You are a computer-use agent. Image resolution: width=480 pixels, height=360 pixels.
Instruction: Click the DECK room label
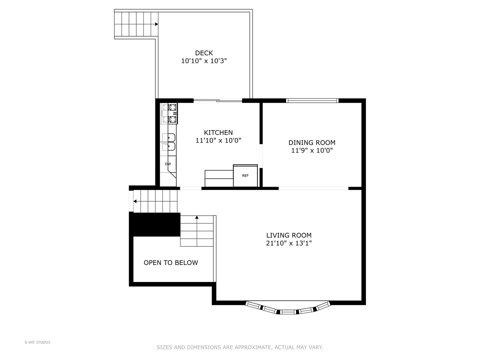coord(204,53)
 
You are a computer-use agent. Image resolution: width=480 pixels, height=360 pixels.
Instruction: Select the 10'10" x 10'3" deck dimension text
coord(204,61)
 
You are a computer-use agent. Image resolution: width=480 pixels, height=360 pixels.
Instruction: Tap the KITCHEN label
coord(218,132)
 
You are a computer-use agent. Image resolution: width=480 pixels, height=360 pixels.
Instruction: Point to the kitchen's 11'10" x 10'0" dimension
coord(218,141)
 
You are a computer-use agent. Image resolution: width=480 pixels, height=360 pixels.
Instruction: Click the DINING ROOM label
coord(312,143)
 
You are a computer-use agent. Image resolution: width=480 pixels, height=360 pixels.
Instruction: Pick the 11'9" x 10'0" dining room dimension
coord(312,151)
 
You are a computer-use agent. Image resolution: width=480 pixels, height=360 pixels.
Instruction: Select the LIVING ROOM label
coord(289,235)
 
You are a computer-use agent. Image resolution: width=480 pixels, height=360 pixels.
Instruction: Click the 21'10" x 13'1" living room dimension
coord(289,243)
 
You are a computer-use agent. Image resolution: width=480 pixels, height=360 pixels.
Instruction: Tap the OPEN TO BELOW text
coord(171,263)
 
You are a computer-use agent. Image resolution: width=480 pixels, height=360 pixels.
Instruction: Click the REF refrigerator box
coord(245,176)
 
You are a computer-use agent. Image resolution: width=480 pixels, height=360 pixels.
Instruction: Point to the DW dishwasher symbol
coord(168,164)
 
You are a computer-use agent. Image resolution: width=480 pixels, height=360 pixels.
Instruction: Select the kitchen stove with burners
coord(170,113)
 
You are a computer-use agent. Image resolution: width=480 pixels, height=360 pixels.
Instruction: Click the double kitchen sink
coord(169,142)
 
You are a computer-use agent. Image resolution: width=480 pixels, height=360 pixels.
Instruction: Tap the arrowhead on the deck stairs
coord(156,24)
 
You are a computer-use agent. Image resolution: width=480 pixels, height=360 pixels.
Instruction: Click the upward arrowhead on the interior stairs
coord(197,217)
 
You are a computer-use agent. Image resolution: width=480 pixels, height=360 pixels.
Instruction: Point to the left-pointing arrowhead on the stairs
coord(135,201)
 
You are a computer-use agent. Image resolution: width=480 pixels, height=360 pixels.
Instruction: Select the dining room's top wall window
coord(312,100)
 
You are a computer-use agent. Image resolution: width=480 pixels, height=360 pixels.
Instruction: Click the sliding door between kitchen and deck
coord(218,100)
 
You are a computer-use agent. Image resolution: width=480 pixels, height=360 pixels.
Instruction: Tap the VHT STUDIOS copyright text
coord(37,342)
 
